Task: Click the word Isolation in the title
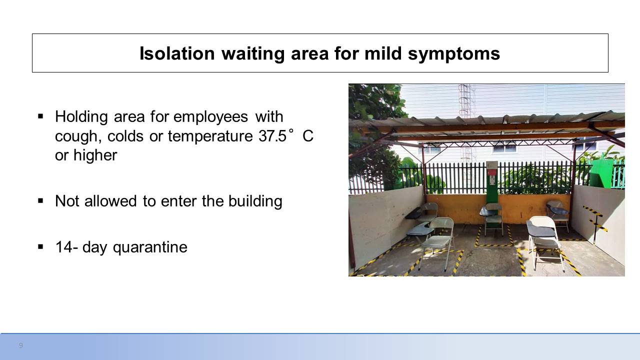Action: (x=177, y=53)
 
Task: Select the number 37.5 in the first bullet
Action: (x=272, y=136)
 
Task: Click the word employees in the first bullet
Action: (x=210, y=117)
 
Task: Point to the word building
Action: (x=255, y=201)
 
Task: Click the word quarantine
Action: (x=150, y=247)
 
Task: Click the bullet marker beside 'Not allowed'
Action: (x=40, y=201)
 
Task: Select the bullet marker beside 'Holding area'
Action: (x=40, y=116)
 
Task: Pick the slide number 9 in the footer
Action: (x=21, y=345)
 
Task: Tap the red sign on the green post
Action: (x=491, y=172)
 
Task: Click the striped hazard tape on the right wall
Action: (x=595, y=218)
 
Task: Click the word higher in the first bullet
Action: (x=95, y=155)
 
